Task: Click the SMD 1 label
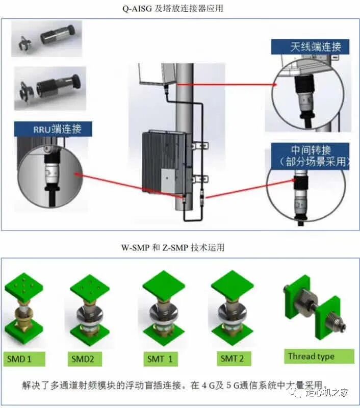(24, 360)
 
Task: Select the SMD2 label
(85, 360)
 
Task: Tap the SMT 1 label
(161, 360)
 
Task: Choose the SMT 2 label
(234, 359)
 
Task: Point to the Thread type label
(319, 356)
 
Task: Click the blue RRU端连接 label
(53, 129)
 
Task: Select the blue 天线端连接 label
(310, 47)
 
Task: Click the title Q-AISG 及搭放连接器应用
(173, 9)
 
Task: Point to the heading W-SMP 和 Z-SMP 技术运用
(173, 247)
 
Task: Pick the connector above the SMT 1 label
(163, 314)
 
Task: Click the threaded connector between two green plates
(315, 311)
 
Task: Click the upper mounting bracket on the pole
(200, 146)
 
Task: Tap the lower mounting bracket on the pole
(200, 179)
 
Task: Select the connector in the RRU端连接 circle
(53, 173)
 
